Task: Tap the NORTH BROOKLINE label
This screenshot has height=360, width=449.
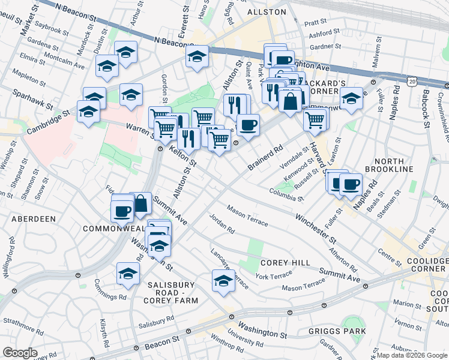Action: click(x=394, y=166)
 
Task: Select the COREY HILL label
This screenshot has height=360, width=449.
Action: click(x=285, y=263)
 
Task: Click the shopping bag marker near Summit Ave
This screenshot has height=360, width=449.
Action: click(x=141, y=203)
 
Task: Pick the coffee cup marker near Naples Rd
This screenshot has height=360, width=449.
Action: click(x=351, y=184)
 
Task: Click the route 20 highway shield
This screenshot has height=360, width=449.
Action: click(x=411, y=80)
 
